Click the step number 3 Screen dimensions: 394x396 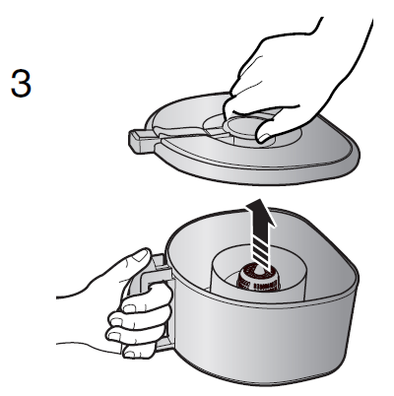[x=21, y=84]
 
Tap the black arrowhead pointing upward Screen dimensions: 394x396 [x=261, y=214]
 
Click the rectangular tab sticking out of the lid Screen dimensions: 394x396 [x=141, y=140]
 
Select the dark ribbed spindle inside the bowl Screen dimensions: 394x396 [x=259, y=279]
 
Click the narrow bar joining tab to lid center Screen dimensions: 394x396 [x=190, y=134]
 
